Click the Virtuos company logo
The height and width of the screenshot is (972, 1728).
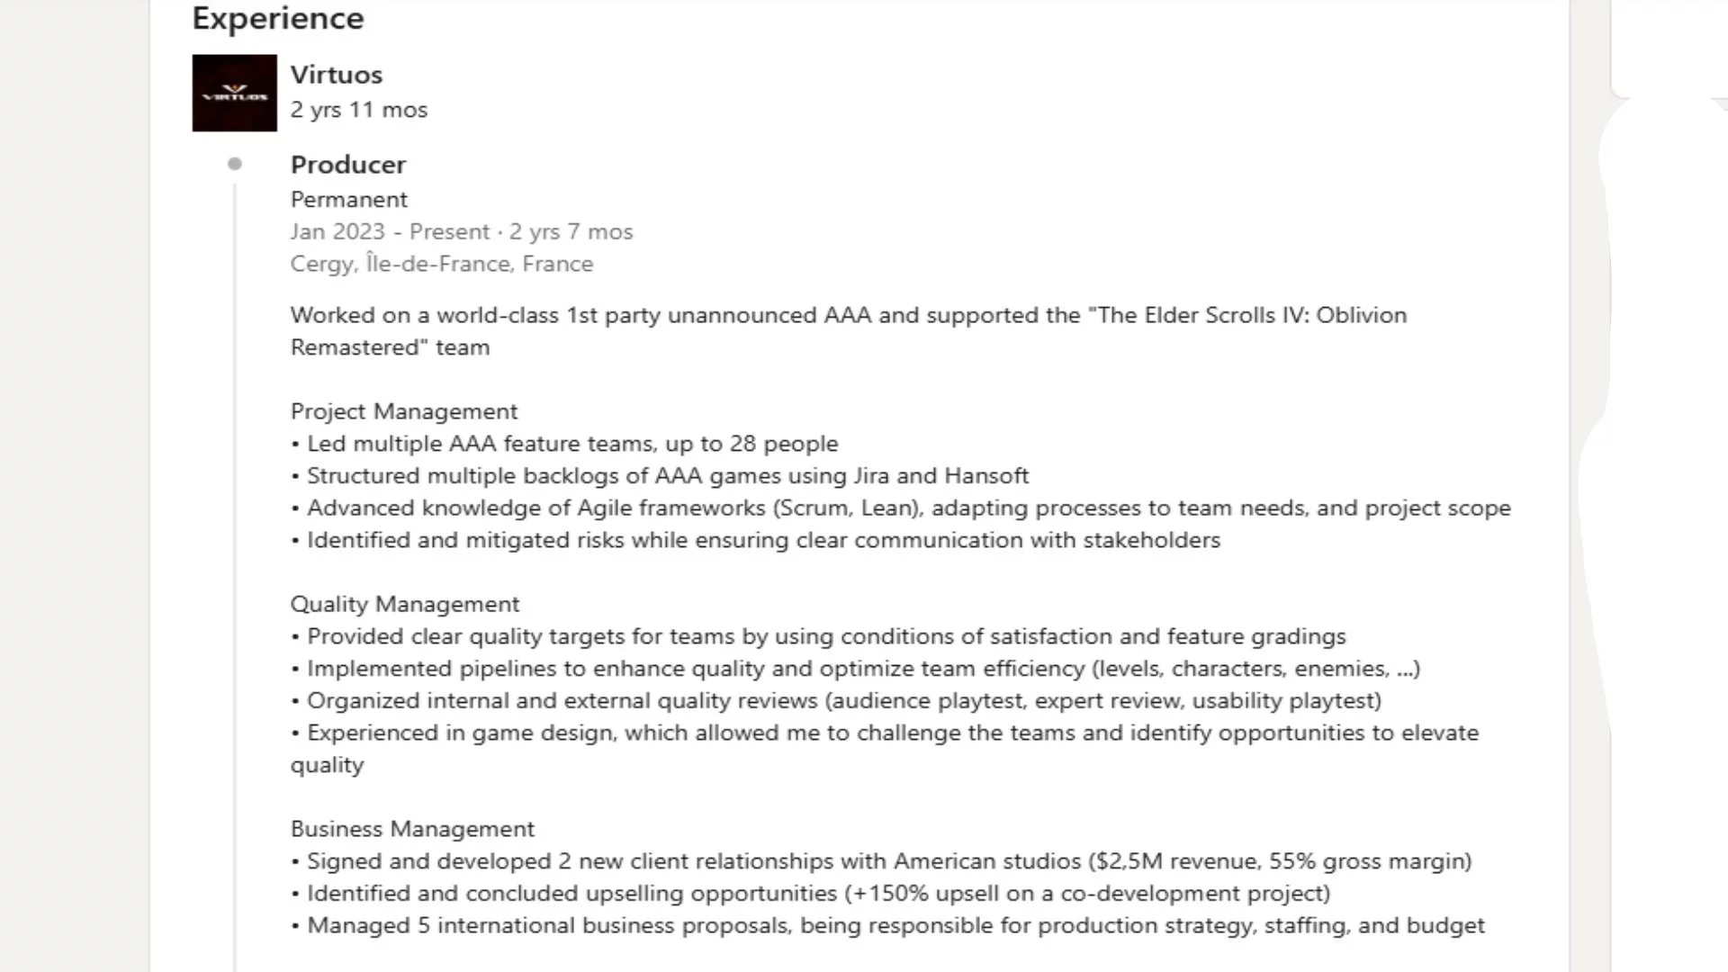click(x=234, y=93)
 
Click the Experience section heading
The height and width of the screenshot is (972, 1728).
click(x=277, y=18)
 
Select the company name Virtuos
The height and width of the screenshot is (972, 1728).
click(x=336, y=75)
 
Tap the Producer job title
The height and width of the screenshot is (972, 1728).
click(x=347, y=165)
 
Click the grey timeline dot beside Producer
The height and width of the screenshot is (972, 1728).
click(x=235, y=164)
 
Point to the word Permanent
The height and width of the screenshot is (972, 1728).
click(x=348, y=199)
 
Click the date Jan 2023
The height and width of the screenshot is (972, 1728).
click(x=337, y=231)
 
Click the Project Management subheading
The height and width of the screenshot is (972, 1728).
click(x=403, y=411)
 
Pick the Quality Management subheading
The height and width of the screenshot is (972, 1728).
click(x=404, y=604)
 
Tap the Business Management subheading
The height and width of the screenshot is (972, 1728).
click(x=412, y=829)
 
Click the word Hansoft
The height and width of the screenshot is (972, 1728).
click(x=986, y=475)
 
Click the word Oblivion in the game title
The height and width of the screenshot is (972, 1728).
click(x=1361, y=315)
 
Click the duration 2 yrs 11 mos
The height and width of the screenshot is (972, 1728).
click(x=358, y=110)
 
